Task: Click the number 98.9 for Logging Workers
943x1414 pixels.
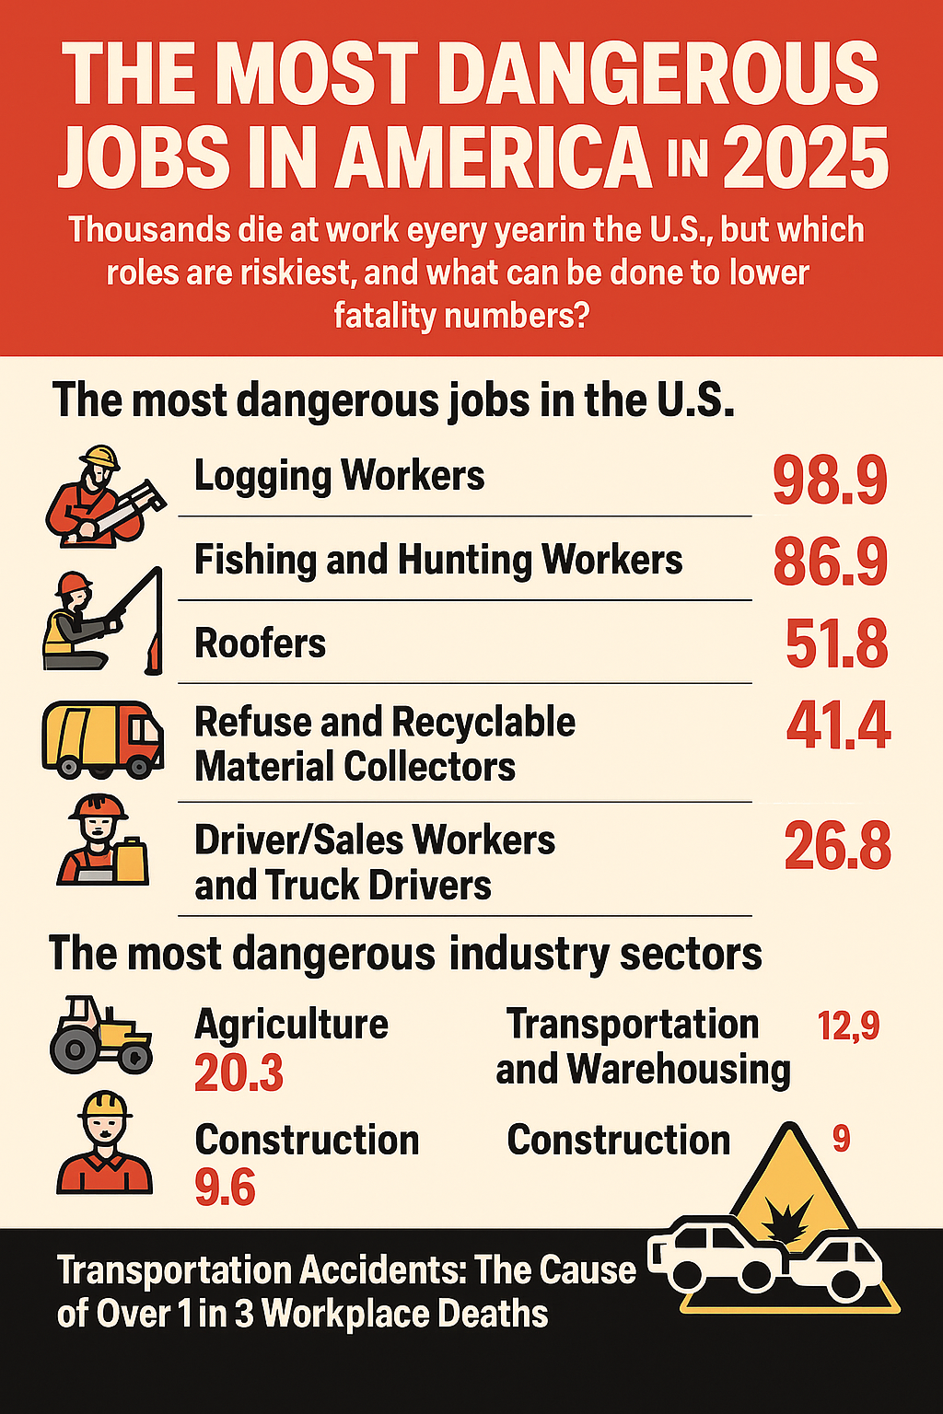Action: pos(830,481)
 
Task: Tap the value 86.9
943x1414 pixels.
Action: pos(830,562)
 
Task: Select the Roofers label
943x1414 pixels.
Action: pos(261,643)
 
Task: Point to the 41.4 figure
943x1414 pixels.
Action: pos(838,726)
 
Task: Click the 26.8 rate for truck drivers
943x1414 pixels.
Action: pos(837,847)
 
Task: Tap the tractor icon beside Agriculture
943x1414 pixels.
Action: pos(100,1034)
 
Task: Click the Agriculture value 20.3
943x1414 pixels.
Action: pos(239,1073)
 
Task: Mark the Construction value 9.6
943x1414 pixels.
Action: pos(225,1188)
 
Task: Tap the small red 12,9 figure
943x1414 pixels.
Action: pos(848,1026)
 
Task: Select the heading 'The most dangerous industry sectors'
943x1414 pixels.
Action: pos(405,954)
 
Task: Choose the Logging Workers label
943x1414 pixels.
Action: pos(339,476)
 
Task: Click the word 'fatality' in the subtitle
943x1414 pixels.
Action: pos(384,316)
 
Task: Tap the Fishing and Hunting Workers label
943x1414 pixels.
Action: pos(438,560)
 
